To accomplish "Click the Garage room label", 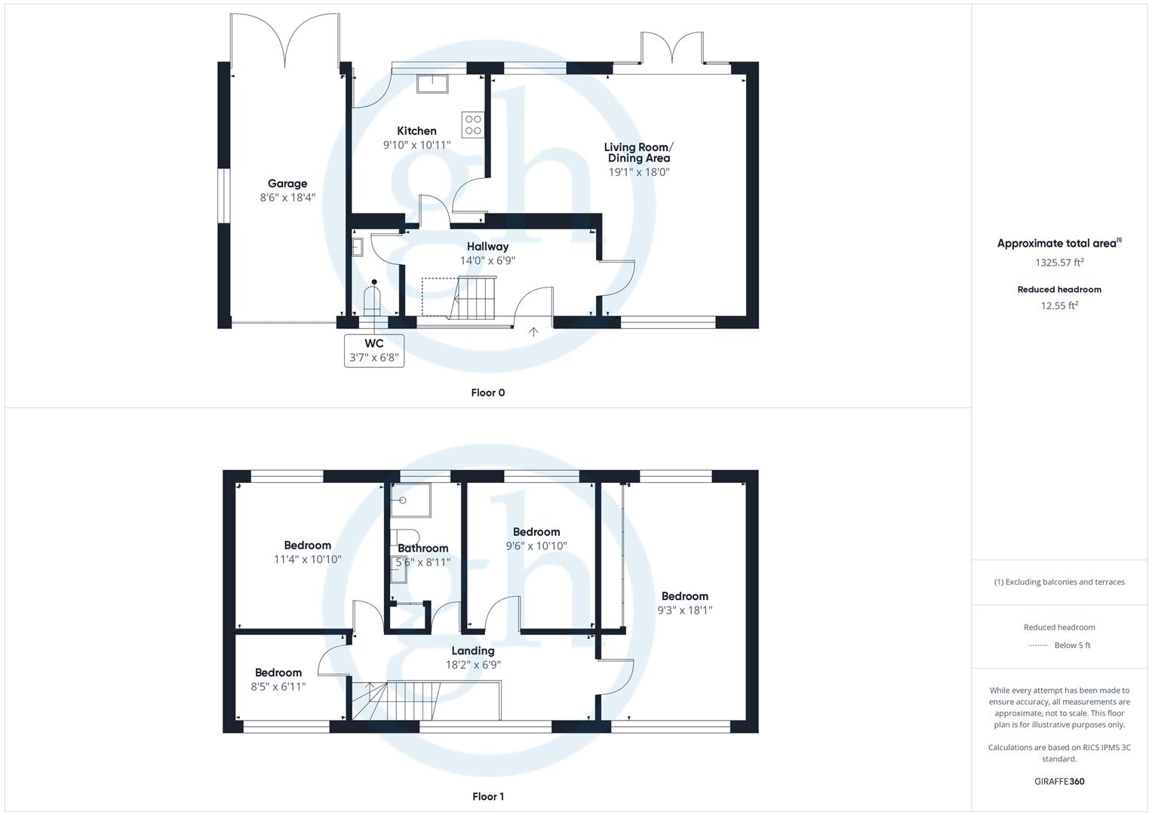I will click(287, 183).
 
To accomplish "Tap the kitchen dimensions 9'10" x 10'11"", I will click(416, 145).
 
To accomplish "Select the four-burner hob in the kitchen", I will click(473, 125).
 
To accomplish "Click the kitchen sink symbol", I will click(432, 83).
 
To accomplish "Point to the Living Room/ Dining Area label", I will click(638, 152).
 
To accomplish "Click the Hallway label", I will click(487, 247).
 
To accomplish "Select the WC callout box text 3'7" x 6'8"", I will click(374, 358).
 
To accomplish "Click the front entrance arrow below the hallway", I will click(534, 331).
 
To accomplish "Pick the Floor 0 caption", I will click(487, 392).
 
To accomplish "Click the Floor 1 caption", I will click(487, 796).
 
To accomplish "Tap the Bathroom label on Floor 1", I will click(423, 549).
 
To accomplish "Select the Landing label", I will click(473, 650).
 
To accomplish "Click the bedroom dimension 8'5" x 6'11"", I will click(278, 687).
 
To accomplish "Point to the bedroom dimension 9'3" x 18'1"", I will click(685, 610).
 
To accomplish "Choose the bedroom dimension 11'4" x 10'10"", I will click(308, 559).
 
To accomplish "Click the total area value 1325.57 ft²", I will click(1059, 263).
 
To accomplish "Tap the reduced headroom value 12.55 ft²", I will click(1059, 306).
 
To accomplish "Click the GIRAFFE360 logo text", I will click(1059, 781).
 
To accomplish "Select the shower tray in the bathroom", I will click(410, 500).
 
